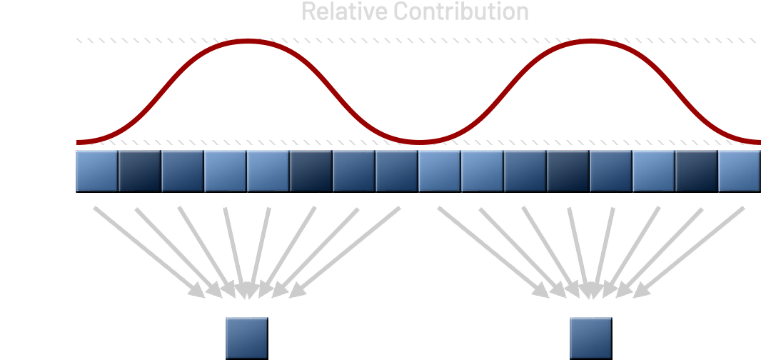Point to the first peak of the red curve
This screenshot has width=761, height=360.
click(246, 41)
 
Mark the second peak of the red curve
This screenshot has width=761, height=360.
click(589, 41)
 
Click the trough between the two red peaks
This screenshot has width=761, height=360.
click(418, 140)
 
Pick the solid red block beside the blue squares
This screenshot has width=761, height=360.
click(37, 171)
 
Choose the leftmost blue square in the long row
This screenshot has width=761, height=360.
click(96, 171)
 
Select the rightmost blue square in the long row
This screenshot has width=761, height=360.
click(740, 171)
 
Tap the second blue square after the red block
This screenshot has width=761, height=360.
click(139, 171)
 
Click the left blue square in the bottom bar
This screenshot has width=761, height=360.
click(247, 338)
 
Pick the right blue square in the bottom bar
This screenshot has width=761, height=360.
click(590, 338)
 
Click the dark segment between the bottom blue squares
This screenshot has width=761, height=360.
click(418, 338)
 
